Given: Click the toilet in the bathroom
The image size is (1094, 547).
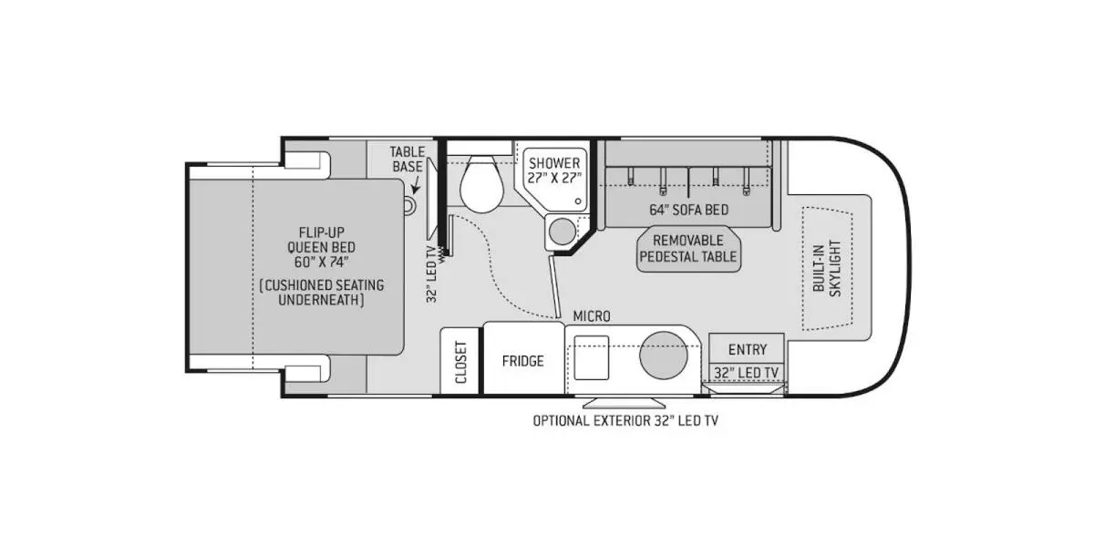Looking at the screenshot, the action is click(481, 184).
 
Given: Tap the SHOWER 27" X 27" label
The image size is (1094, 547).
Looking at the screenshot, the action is click(554, 170).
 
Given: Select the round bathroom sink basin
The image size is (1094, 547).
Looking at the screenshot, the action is click(562, 232).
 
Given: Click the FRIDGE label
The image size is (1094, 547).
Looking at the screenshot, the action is click(522, 361).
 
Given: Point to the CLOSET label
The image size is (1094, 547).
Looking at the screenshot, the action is click(461, 362).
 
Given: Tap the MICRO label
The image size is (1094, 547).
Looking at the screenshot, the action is click(592, 316).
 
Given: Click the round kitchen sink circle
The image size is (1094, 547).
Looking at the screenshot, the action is click(664, 355).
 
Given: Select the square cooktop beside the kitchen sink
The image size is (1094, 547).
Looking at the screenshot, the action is click(591, 357).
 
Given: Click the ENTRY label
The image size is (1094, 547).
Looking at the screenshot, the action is click(748, 350).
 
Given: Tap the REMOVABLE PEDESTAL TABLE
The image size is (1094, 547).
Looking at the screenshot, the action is click(688, 249).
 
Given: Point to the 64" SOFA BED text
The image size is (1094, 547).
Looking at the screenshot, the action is click(688, 210).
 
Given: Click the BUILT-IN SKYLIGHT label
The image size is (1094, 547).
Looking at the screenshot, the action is click(827, 268).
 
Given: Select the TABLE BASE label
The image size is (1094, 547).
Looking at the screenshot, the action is click(407, 160).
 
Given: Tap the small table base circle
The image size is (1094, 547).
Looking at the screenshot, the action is click(408, 206).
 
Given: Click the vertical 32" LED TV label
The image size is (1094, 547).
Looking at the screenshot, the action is click(431, 273).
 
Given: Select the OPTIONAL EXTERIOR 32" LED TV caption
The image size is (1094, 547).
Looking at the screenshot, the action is click(625, 420).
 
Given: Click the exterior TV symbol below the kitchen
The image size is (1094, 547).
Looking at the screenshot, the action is click(624, 402).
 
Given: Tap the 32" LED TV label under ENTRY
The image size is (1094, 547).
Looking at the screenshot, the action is click(747, 373).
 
